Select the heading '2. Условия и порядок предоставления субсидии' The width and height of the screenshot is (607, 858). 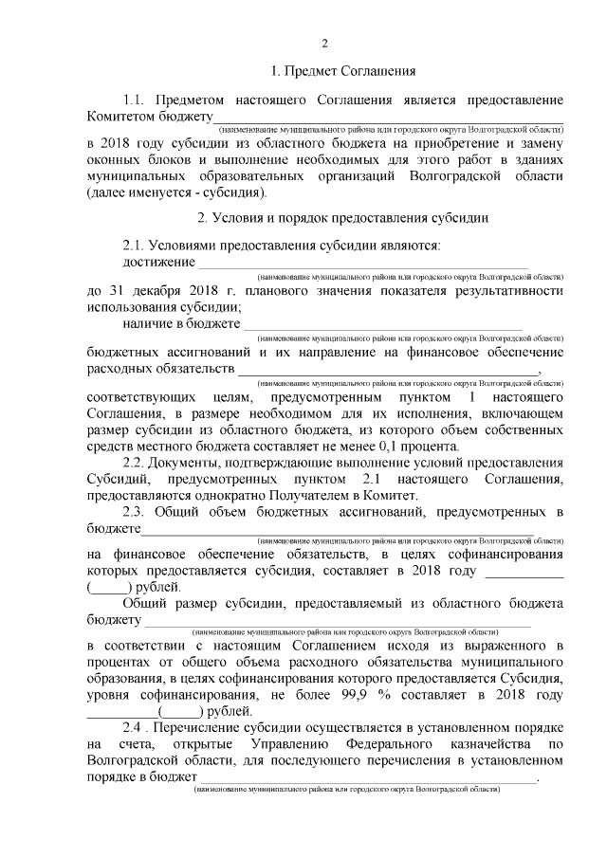(342, 218)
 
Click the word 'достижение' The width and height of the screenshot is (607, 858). (159, 261)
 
